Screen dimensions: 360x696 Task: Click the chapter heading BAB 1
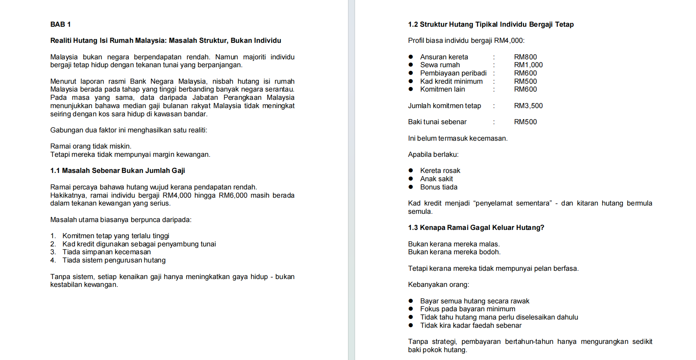60,24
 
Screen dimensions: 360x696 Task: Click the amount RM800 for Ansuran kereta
525,57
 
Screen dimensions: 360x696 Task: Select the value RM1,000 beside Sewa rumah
528,65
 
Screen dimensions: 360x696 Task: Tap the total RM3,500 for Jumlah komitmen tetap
528,106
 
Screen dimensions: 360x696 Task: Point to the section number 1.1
55,171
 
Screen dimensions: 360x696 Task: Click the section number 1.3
413,228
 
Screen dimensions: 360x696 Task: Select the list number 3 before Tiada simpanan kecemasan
53,252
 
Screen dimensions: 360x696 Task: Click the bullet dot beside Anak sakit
411,179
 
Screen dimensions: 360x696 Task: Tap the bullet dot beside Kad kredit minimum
411,81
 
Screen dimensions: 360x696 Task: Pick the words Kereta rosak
440,171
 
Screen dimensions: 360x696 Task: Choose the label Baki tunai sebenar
437,122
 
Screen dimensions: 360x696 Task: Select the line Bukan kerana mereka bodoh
454,252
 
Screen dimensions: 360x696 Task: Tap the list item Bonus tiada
439,187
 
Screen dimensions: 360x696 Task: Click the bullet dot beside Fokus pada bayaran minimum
411,309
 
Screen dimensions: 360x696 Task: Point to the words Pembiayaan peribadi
453,73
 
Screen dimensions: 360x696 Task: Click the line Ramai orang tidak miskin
91,146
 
